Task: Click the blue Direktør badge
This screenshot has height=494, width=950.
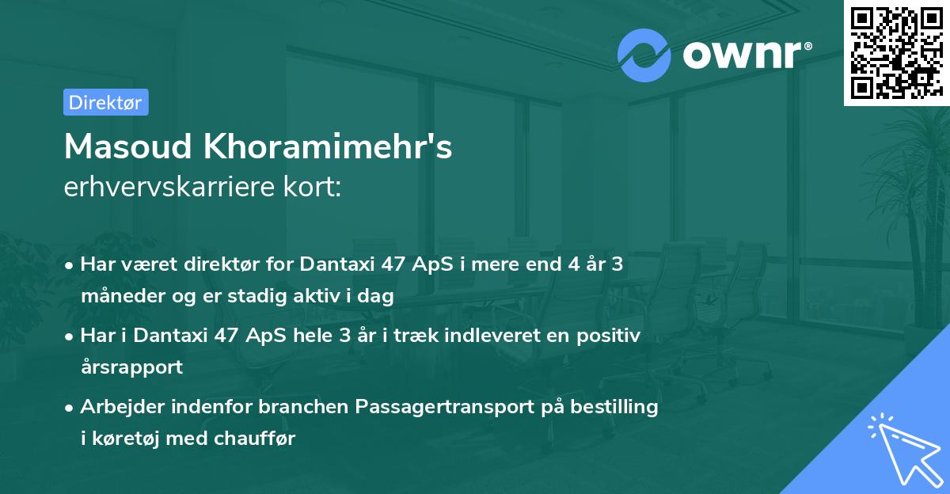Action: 105,102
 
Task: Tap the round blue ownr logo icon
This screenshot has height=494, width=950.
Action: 644,55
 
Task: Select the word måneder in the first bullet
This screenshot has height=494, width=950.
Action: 118,298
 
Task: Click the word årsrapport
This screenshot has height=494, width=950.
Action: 131,367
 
